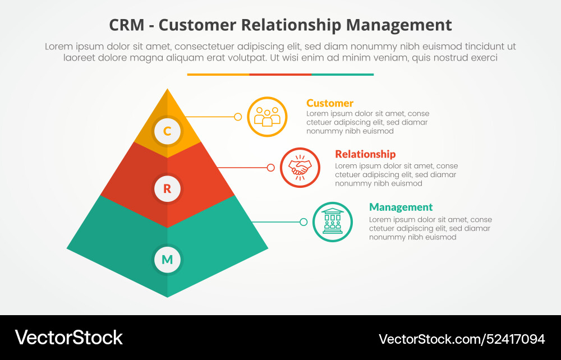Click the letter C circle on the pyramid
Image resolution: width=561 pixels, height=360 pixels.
pyautogui.click(x=167, y=131)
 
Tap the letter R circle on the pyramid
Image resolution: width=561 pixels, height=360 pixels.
pyautogui.click(x=167, y=189)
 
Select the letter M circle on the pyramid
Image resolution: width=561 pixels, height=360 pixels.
pyautogui.click(x=167, y=260)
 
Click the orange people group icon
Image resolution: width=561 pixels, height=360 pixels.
pyautogui.click(x=267, y=117)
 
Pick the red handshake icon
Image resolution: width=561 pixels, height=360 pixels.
pyautogui.click(x=300, y=167)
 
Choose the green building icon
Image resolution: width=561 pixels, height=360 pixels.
pyautogui.click(x=333, y=221)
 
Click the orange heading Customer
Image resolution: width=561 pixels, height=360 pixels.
pyautogui.click(x=330, y=103)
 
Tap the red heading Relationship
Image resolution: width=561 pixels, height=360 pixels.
pyautogui.click(x=365, y=154)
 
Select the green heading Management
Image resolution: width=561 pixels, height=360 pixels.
pyautogui.click(x=401, y=207)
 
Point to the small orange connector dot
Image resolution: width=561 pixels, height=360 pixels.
pyautogui.click(x=238, y=117)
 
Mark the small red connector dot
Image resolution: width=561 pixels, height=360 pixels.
pyautogui.click(x=271, y=167)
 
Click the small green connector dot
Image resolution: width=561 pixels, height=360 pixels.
pyautogui.click(x=304, y=221)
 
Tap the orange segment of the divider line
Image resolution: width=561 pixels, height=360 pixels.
pyautogui.click(x=218, y=74)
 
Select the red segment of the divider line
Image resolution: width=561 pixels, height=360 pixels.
pyautogui.click(x=280, y=74)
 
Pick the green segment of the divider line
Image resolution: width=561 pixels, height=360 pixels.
pyautogui.click(x=342, y=74)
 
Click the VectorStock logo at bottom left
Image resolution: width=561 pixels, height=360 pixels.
pyautogui.click(x=68, y=338)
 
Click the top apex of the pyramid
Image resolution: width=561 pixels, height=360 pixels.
pyautogui.click(x=167, y=90)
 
